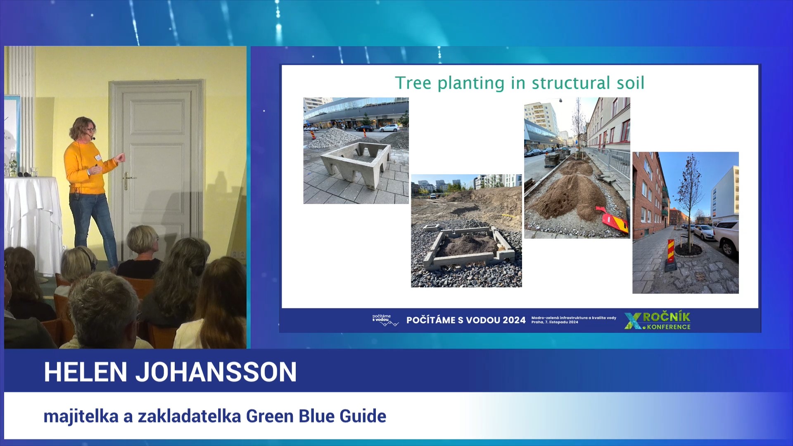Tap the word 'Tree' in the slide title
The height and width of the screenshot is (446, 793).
pyautogui.click(x=413, y=83)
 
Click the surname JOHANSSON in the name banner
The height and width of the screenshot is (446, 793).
pyautogui.click(x=216, y=372)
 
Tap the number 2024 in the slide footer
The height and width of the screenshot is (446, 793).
pyautogui.click(x=514, y=320)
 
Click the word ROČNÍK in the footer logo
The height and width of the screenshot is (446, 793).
pyautogui.click(x=666, y=317)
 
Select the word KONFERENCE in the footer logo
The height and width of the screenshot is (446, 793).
pyautogui.click(x=669, y=327)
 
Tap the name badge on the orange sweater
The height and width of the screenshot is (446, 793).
pyautogui.click(x=98, y=157)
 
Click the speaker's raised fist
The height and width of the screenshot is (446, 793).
pyautogui.click(x=120, y=158)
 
